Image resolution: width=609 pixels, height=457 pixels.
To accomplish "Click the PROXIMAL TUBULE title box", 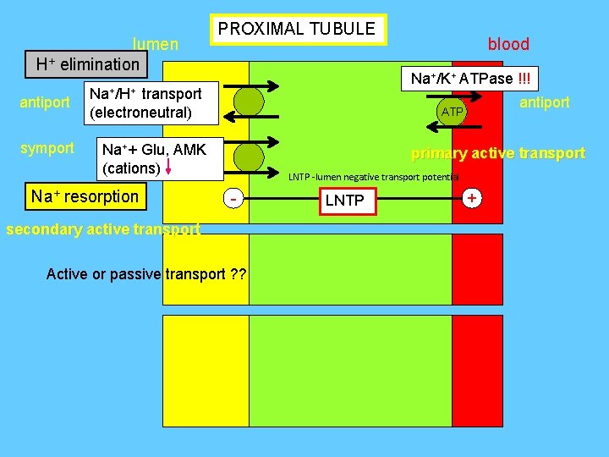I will click(x=297, y=30).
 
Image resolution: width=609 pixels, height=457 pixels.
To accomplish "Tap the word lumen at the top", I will click(x=156, y=44).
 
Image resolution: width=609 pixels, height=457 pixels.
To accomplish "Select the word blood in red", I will click(x=508, y=44).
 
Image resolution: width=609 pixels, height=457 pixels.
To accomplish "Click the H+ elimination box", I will click(x=87, y=64).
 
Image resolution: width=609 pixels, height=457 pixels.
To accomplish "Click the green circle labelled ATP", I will click(x=453, y=111).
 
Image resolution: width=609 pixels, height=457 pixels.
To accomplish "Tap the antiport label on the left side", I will click(x=45, y=102).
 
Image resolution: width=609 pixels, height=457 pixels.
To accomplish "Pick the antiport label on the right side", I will click(x=544, y=102).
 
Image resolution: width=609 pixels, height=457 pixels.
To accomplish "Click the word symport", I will click(x=47, y=148).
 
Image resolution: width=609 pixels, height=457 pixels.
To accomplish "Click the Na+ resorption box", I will click(x=85, y=196).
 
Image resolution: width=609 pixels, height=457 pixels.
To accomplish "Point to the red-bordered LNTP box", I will click(x=344, y=201).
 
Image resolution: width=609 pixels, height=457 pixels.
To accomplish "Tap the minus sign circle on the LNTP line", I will click(x=232, y=200).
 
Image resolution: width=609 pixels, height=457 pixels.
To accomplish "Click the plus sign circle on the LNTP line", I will click(x=472, y=198).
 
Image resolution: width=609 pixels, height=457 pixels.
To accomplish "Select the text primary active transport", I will click(x=497, y=153).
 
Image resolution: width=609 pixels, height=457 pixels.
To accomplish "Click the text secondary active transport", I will click(x=102, y=229).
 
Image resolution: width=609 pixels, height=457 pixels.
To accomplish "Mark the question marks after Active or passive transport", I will click(x=237, y=273).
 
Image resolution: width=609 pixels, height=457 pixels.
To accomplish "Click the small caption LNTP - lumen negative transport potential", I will click(x=373, y=177).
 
